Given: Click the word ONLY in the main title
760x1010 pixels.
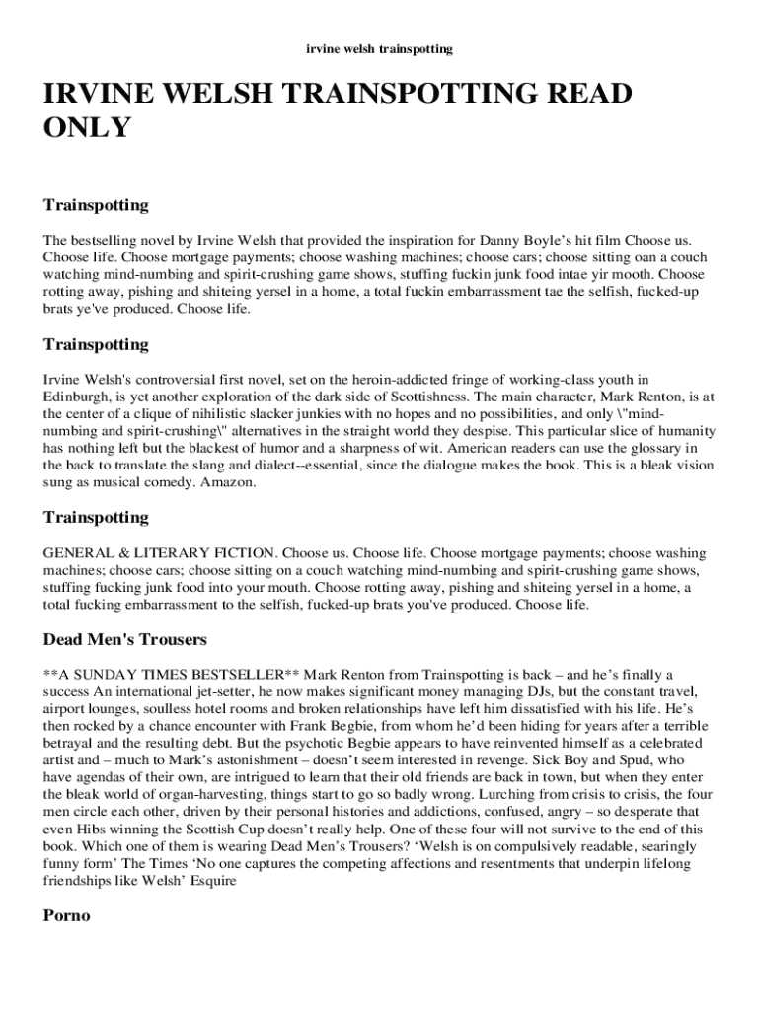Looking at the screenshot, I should (87, 127).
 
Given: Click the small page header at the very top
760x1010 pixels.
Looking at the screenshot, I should (380, 47).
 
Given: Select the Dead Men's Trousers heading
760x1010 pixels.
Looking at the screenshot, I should (125, 639).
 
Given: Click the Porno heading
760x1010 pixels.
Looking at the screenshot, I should (66, 915).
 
